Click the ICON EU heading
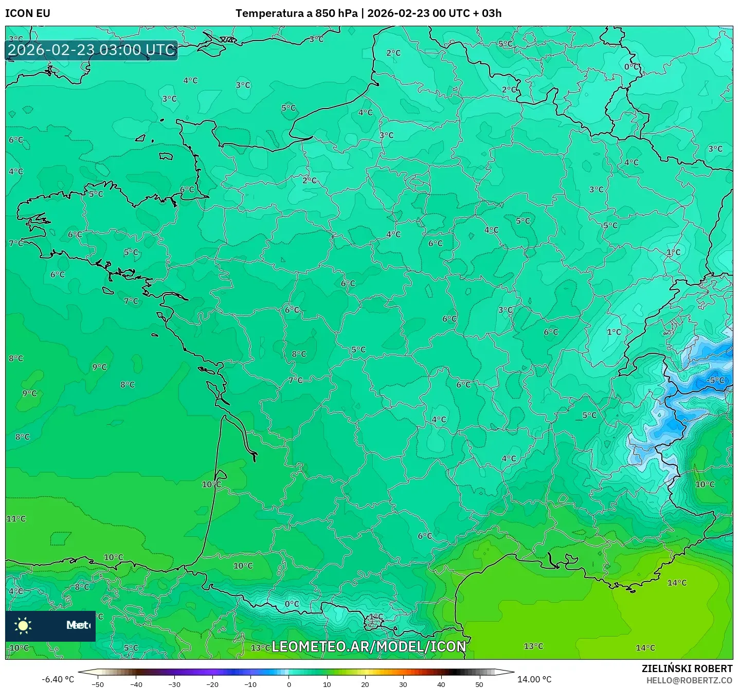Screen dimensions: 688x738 [x=28, y=13]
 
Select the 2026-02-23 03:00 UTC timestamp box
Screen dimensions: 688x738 [x=92, y=50]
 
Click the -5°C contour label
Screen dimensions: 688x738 [x=715, y=381]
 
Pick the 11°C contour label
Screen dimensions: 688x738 [x=16, y=519]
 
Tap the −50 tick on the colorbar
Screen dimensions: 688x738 [x=97, y=684]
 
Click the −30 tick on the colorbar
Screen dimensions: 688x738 [x=174, y=684]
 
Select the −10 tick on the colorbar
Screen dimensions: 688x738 [x=250, y=684]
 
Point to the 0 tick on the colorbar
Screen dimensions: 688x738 [x=289, y=684]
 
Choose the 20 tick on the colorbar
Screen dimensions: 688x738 [x=365, y=684]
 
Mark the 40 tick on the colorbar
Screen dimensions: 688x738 [x=441, y=684]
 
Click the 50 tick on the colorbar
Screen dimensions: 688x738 [x=479, y=684]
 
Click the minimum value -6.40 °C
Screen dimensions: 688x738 [x=58, y=679]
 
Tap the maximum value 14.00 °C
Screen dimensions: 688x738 [x=534, y=679]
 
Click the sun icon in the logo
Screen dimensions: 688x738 [x=23, y=625]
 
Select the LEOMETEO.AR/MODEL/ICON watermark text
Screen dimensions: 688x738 [x=369, y=646]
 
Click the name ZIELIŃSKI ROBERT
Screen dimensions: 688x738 [x=687, y=668]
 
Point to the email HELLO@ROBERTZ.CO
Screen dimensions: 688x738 [x=689, y=680]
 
